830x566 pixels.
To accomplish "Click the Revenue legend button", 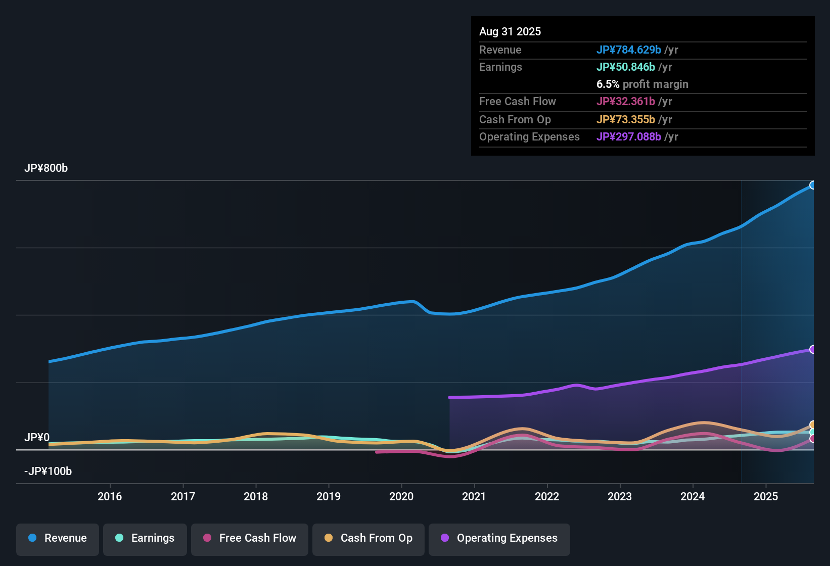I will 58,538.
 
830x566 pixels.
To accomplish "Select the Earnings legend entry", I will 145,538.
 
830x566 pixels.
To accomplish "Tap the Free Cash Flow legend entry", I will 250,538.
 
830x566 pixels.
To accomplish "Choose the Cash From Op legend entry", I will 368,538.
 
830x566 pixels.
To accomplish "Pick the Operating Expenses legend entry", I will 499,538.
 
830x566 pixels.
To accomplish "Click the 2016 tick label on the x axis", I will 110,496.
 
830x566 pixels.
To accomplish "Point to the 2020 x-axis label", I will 401,496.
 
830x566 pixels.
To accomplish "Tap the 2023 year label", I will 620,496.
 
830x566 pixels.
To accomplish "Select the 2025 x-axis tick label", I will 765,496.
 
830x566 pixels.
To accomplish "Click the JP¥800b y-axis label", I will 46,168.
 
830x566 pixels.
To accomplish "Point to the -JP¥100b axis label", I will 48,471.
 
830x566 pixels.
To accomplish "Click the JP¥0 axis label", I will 37,438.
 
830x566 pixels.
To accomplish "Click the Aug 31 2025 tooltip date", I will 510,31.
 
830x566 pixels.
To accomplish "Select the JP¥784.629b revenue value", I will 628,50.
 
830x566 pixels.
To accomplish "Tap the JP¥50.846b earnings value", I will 625,67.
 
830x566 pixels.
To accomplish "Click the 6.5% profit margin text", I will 642,84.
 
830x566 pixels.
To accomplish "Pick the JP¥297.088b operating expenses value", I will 628,137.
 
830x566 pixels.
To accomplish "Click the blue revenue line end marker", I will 812,185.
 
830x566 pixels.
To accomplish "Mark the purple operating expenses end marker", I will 812,349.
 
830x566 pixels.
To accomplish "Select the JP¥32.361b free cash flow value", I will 625,102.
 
